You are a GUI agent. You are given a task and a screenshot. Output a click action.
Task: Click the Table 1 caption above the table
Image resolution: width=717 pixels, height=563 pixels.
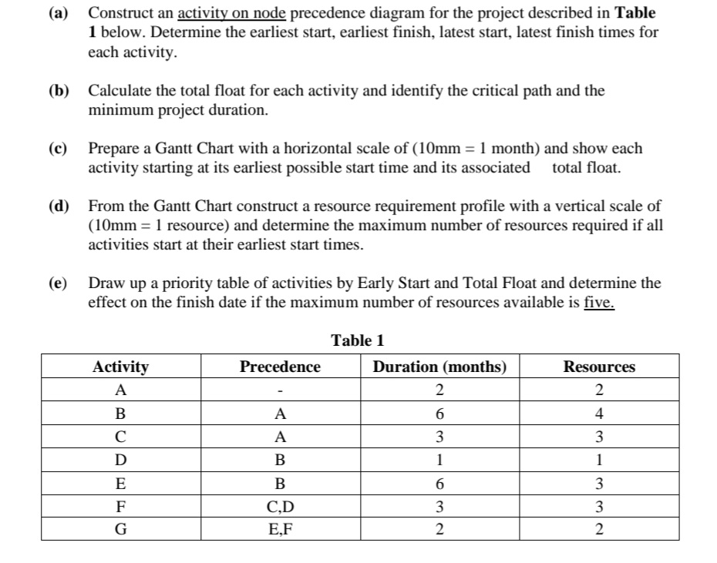click(x=357, y=340)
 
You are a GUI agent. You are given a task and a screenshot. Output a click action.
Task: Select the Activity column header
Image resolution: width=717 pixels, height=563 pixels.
click(x=120, y=367)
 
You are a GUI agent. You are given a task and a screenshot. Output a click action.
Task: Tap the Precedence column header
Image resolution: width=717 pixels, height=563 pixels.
click(x=280, y=367)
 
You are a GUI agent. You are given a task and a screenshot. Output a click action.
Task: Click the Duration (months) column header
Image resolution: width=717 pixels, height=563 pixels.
click(x=439, y=367)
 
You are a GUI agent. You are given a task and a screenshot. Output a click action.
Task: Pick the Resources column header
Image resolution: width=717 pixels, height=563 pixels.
click(x=599, y=367)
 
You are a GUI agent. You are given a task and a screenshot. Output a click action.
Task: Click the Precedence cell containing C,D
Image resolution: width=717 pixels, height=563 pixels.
click(x=280, y=508)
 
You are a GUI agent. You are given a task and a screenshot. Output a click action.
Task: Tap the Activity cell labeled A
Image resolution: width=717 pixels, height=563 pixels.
click(x=120, y=389)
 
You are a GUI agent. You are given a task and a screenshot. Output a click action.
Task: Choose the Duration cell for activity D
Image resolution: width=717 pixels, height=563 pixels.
click(x=439, y=460)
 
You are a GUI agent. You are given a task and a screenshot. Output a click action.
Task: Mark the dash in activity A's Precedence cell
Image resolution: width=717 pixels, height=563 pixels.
click(x=280, y=390)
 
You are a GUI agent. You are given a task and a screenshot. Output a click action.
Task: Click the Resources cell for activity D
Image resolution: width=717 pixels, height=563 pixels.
click(x=599, y=460)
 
